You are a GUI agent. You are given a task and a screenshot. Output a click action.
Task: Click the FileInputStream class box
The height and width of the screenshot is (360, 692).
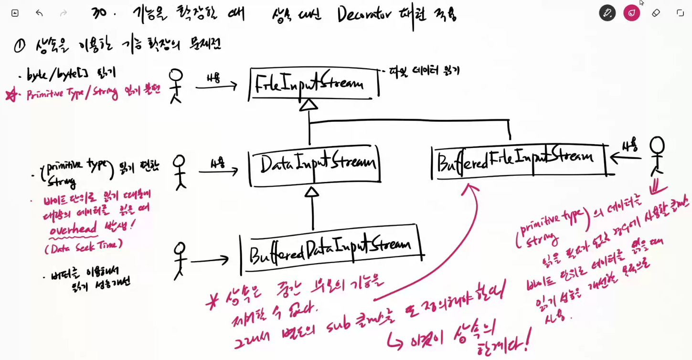[x=313, y=85]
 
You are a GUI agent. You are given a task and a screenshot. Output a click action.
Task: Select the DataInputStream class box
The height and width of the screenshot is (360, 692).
[x=314, y=165]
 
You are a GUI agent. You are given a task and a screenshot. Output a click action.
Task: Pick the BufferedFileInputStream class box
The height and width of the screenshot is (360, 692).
[x=518, y=159]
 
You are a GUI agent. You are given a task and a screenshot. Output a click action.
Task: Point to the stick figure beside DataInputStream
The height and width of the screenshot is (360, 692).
[x=179, y=172]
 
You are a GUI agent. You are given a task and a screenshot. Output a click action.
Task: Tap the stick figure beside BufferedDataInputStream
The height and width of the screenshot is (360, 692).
[x=179, y=260]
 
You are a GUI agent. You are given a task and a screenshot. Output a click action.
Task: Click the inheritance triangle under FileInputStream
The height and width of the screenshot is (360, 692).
[x=309, y=105]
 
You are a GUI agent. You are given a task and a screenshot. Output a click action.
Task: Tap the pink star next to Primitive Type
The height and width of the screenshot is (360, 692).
[x=11, y=95]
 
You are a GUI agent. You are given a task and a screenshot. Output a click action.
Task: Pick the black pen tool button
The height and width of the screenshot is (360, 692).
[x=607, y=13]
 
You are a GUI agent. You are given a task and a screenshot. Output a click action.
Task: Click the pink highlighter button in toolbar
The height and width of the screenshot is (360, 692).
[x=631, y=13]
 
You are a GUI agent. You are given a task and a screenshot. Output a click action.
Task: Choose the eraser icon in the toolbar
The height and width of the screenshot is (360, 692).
[x=656, y=13]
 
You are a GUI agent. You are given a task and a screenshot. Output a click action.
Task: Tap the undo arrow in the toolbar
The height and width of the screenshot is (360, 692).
[x=39, y=13]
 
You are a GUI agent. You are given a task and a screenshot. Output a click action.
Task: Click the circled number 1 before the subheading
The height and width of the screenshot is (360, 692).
[x=20, y=46]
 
